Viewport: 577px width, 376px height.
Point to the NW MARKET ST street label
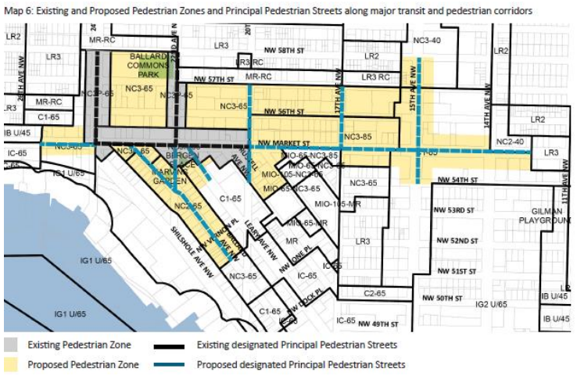click(280, 144)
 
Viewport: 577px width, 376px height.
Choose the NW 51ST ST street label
click(454, 270)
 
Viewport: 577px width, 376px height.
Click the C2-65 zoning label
click(378, 292)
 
